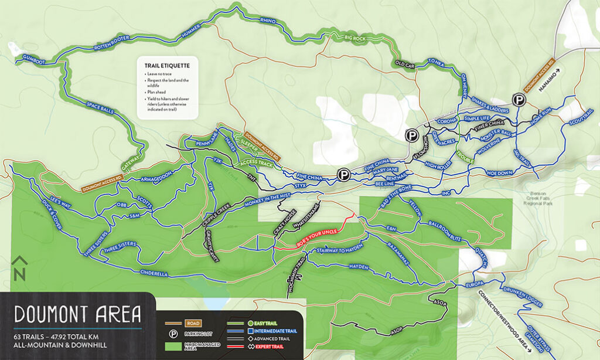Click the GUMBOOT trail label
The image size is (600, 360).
point(34,59)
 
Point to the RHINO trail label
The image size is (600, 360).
point(267,21)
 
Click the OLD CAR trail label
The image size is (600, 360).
point(404,64)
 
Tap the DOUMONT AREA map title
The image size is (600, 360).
point(78,315)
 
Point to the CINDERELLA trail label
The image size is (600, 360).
point(155,273)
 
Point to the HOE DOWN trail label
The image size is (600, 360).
point(500,173)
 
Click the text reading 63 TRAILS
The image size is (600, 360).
point(35,339)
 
